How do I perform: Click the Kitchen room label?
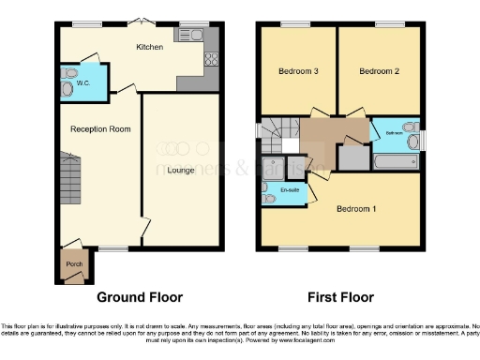pyautogui.click(x=149, y=47)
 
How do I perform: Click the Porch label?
pyautogui.click(x=73, y=263)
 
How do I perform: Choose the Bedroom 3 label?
pyautogui.click(x=297, y=71)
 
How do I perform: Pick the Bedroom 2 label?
pyautogui.click(x=379, y=71)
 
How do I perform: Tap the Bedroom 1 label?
pyautogui.click(x=356, y=208)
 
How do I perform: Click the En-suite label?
pyautogui.click(x=291, y=190)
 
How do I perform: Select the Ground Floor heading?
pyautogui.click(x=140, y=297)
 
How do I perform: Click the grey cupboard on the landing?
pyautogui.click(x=353, y=157)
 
